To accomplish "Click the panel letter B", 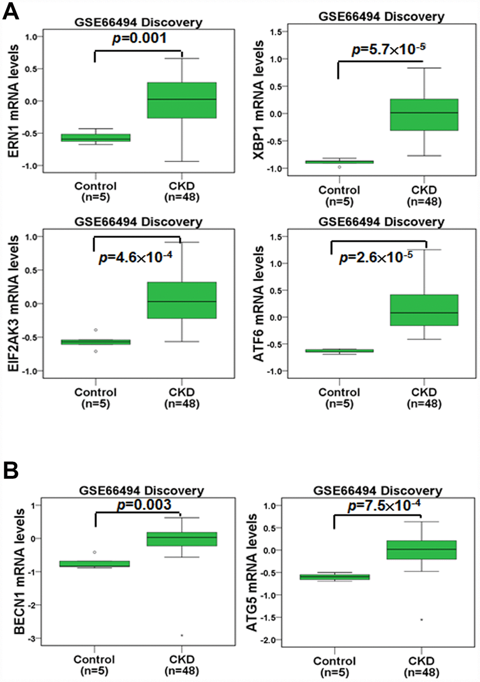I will click(x=10, y=470).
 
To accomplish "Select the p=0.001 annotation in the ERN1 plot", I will click(x=139, y=38).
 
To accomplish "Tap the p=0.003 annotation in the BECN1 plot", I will click(x=144, y=505).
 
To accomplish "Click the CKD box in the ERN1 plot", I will click(x=182, y=100).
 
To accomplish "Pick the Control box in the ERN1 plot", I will click(x=96, y=138).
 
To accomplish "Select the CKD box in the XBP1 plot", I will click(x=424, y=114).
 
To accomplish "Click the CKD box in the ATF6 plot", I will click(x=424, y=310).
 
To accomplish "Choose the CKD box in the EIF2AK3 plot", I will click(x=182, y=300).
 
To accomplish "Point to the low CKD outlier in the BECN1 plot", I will click(x=182, y=635).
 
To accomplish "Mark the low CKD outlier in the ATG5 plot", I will click(x=421, y=619).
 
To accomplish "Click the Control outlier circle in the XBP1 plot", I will click(x=339, y=167).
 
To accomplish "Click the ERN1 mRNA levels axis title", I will click(x=14, y=101).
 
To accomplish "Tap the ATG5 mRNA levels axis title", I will click(x=252, y=572).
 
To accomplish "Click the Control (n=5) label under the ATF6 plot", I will click(x=339, y=398).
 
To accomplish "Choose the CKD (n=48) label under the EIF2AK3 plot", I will click(x=182, y=398).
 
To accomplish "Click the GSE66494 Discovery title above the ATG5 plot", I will click(x=377, y=491).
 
